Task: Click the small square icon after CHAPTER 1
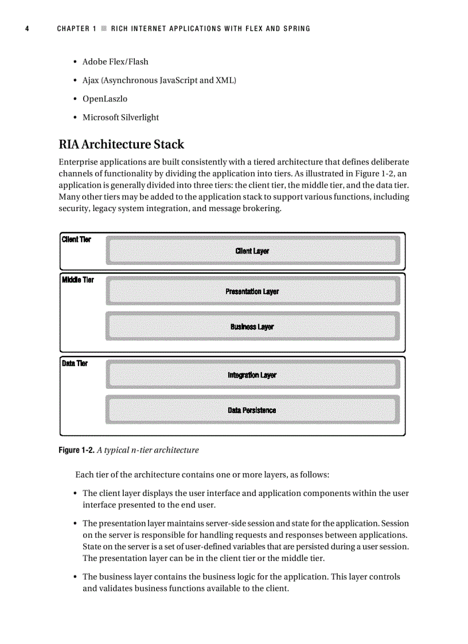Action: click(x=103, y=29)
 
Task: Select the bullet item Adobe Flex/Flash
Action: click(x=115, y=61)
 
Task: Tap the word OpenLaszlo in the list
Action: click(x=105, y=99)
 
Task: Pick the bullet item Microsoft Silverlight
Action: click(x=120, y=117)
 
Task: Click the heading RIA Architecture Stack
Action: click(x=122, y=144)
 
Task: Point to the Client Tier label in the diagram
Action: click(x=76, y=240)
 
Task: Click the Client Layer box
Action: click(x=252, y=251)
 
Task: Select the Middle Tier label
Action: click(x=78, y=280)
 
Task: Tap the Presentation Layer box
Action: click(x=252, y=291)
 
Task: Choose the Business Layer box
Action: click(x=252, y=327)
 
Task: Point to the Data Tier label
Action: click(x=75, y=364)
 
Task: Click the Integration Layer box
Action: click(x=252, y=375)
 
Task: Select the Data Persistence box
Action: click(x=252, y=411)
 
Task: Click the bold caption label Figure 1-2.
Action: click(x=76, y=450)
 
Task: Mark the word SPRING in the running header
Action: click(x=297, y=29)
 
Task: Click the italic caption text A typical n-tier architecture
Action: click(x=148, y=450)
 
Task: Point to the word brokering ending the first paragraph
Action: click(x=261, y=208)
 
